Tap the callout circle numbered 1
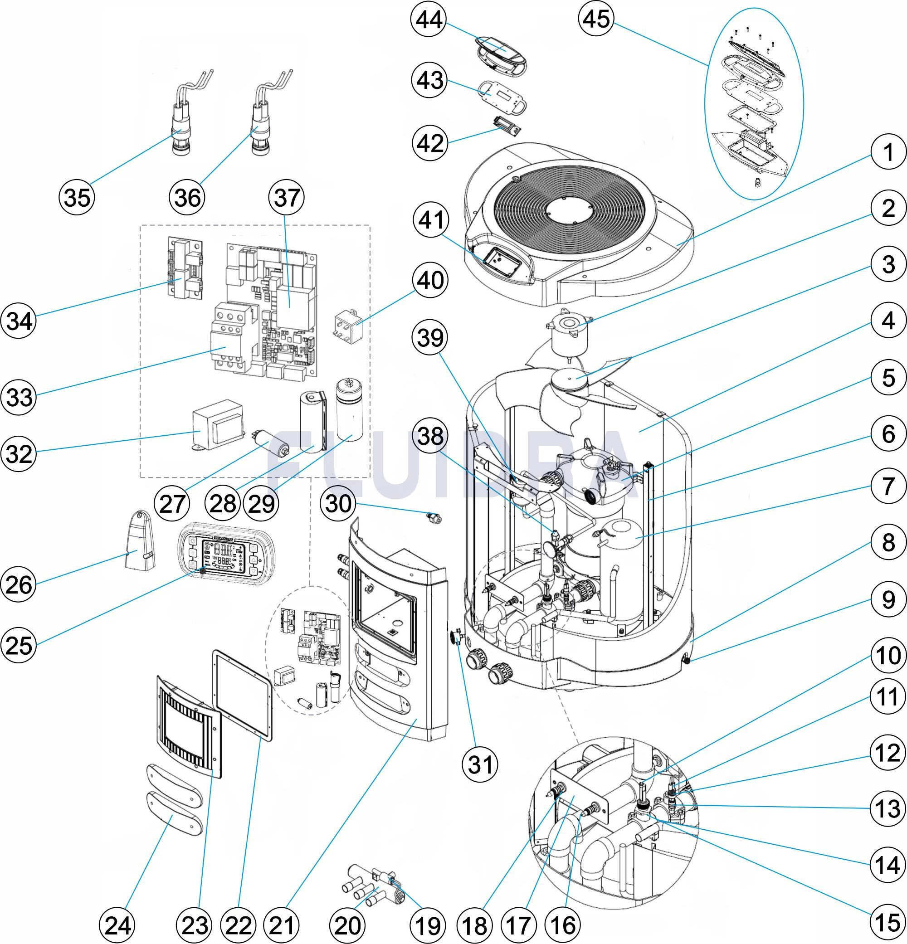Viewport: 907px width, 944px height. pyautogui.click(x=888, y=153)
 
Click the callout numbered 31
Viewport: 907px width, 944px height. pyautogui.click(x=481, y=764)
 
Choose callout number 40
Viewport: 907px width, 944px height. pyautogui.click(x=430, y=281)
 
